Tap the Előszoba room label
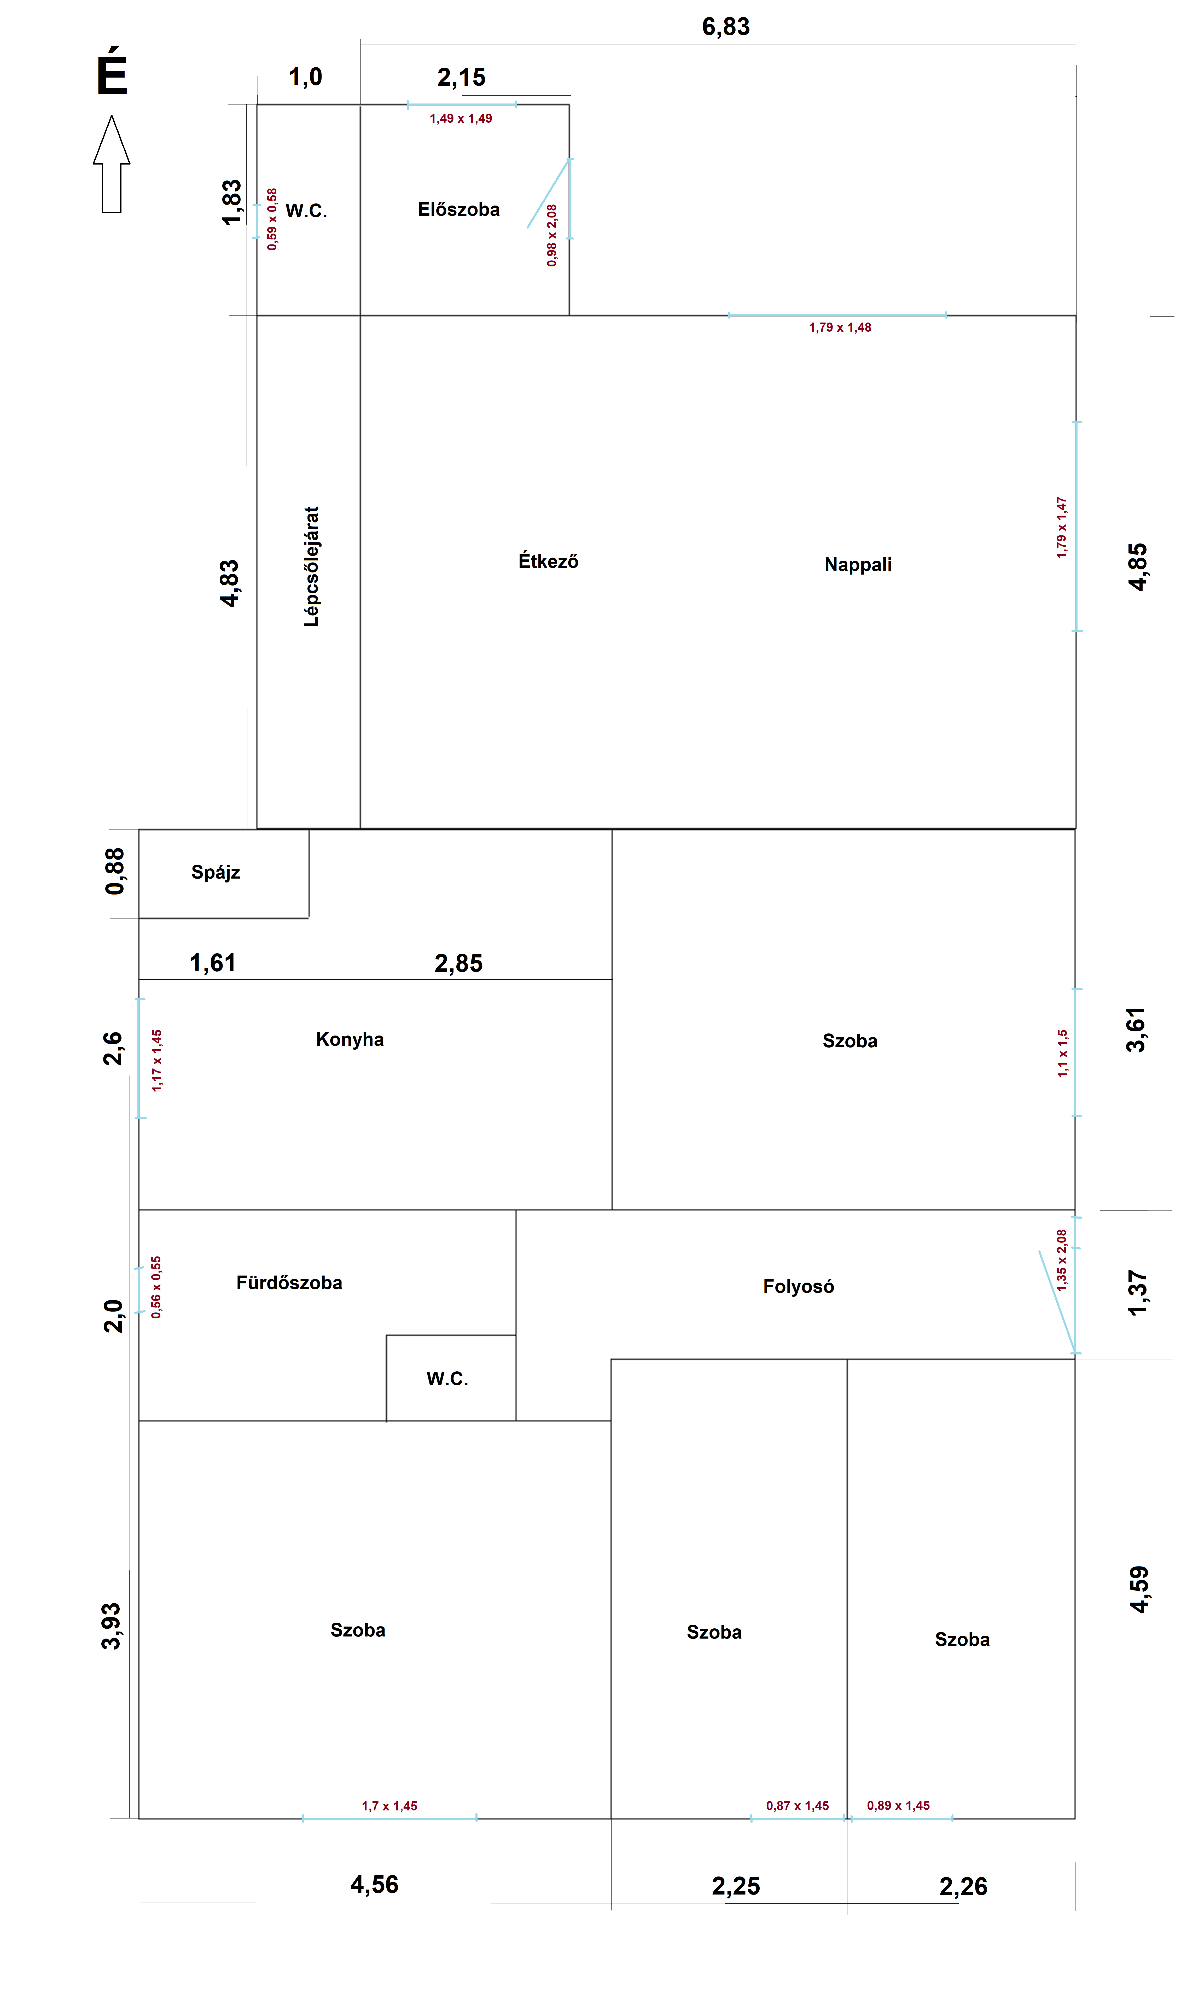[x=458, y=209]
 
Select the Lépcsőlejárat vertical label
[x=311, y=566]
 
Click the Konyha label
[x=350, y=1039]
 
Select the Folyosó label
[x=798, y=1287]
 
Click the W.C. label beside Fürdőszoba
[x=447, y=1378]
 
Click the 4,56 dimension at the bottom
[x=374, y=1885]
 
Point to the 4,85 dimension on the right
[x=1137, y=567]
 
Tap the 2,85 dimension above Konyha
[x=458, y=963]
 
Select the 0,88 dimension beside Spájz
[x=115, y=872]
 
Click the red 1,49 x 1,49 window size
[x=461, y=118]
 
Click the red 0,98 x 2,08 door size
[x=552, y=235]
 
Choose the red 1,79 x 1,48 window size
[x=840, y=327]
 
